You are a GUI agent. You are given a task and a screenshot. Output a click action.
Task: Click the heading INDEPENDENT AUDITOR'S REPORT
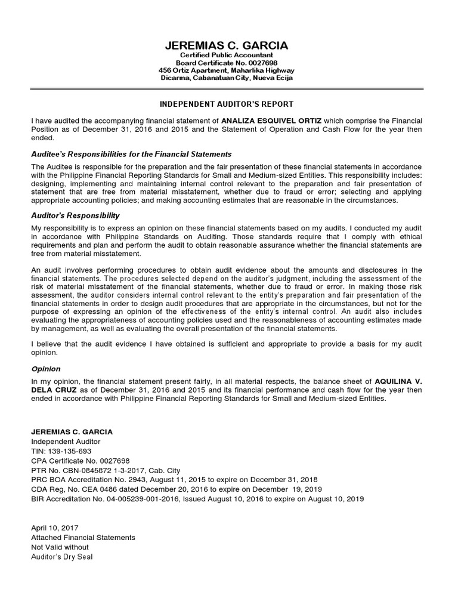click(226, 104)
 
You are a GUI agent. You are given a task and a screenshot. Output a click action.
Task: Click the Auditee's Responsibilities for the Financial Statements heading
click(131, 154)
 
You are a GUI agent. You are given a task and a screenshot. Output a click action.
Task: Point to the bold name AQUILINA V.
click(401, 381)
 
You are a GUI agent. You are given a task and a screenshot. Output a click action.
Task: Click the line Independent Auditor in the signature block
click(66, 441)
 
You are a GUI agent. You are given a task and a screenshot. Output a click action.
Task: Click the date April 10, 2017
click(54, 528)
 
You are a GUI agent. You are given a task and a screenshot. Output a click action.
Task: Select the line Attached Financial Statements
click(83, 538)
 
